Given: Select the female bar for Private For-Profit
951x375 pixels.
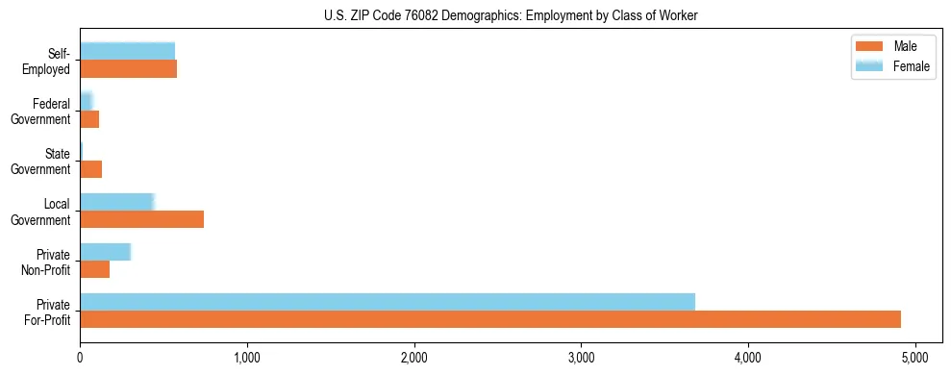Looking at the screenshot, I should click(x=388, y=302).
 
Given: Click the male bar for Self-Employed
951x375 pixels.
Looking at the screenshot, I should click(x=128, y=69).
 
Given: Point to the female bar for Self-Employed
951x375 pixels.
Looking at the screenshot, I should click(x=127, y=51).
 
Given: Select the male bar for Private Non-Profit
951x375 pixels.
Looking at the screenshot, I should click(x=94, y=269).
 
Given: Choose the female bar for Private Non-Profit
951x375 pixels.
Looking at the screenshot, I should click(x=105, y=252).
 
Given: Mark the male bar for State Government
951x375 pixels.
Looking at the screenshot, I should click(x=90, y=169).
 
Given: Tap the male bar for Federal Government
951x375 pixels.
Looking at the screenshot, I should click(x=89, y=119).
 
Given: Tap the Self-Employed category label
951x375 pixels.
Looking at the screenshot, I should click(x=47, y=61).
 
